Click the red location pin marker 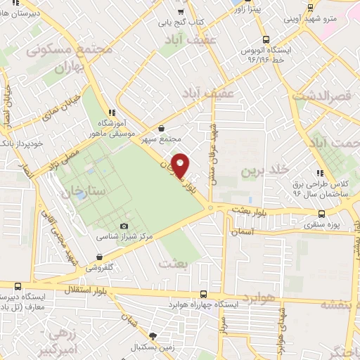tap(181, 165)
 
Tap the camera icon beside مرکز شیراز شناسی tap(124, 226)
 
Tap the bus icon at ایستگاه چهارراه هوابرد tap(203, 295)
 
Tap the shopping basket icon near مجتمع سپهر tap(162, 129)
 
